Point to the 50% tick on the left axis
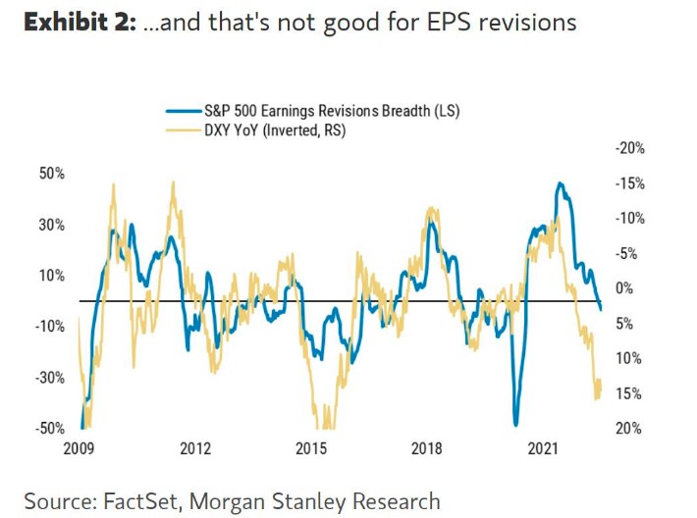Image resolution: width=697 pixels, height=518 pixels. pyautogui.click(x=51, y=174)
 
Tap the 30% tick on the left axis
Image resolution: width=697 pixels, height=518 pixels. pyautogui.click(x=51, y=225)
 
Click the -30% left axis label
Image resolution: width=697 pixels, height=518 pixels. pyautogui.click(x=49, y=378)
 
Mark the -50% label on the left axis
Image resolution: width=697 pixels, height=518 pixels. pyautogui.click(x=49, y=429)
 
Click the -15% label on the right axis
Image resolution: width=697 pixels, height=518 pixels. pyautogui.click(x=628, y=183)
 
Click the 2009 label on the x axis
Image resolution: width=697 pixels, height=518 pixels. pyautogui.click(x=80, y=449)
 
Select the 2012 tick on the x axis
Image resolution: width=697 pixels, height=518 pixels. pyautogui.click(x=196, y=449)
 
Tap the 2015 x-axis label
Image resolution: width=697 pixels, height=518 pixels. pyautogui.click(x=311, y=449)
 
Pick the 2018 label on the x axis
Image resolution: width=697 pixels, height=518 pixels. pyautogui.click(x=427, y=449)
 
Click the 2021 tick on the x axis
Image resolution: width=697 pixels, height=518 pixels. pyautogui.click(x=543, y=449)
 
